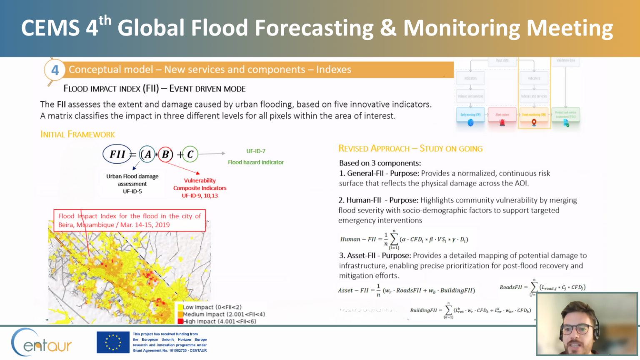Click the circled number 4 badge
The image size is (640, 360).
coord(55,70)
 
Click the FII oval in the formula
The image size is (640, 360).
coord(117,154)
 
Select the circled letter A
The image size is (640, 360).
coord(147,155)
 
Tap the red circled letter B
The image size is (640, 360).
coord(165,155)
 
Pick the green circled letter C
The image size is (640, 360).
coord(190,155)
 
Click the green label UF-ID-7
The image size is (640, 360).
coord(255,151)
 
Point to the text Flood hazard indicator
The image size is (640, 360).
coord(255,162)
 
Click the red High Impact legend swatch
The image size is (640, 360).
coord(180,321)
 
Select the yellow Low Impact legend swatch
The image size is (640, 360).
coord(180,307)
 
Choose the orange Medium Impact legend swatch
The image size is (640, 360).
coord(180,315)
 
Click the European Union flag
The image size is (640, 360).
coord(113,342)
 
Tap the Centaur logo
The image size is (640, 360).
coord(41,342)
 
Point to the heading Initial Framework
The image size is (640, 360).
coord(77,135)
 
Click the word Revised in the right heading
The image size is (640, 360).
coord(353,149)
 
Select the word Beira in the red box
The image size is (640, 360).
coord(65,225)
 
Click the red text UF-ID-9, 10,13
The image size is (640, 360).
coord(200,196)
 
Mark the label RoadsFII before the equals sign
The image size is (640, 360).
coord(510,287)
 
